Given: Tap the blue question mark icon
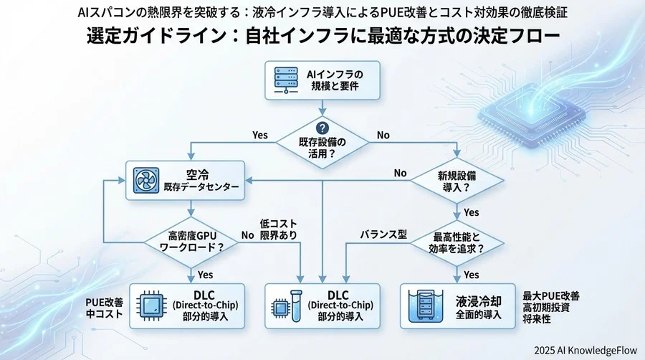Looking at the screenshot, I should click(322, 127).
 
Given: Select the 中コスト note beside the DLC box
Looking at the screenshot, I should click(105, 313).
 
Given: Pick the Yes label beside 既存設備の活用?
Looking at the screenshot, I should click(260, 135).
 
